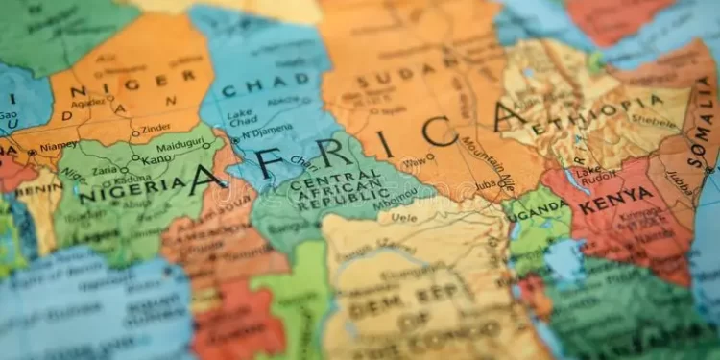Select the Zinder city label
tap(156, 129)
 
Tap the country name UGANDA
tap(537, 207)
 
